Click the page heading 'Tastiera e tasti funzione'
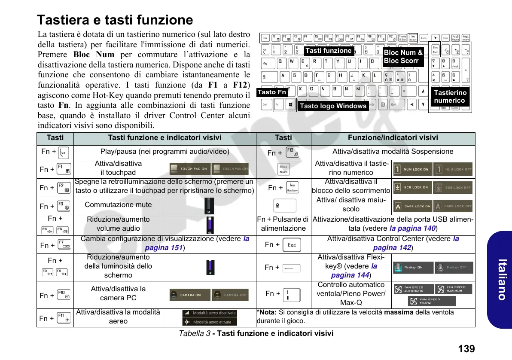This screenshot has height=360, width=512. coord(115,20)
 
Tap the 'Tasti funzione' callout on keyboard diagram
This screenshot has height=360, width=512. coord(329,51)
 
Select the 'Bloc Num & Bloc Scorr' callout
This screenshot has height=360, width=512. coord(403,57)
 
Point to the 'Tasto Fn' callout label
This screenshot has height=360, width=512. coord(272,92)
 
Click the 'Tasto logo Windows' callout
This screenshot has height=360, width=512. coord(333,106)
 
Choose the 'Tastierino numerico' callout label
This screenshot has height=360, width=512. coord(450,97)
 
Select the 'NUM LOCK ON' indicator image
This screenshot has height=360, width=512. coord(411,169)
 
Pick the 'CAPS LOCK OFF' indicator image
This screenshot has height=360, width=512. coord(453,206)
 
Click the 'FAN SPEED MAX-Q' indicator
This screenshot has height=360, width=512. coord(432,301)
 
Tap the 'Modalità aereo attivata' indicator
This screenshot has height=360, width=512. coord(209,322)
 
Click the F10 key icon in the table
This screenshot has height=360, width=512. coord(64,296)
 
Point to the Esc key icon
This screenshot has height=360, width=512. coord(292,245)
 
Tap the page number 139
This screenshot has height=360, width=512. coord(466,348)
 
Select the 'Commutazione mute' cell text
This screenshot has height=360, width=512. coord(118,204)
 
